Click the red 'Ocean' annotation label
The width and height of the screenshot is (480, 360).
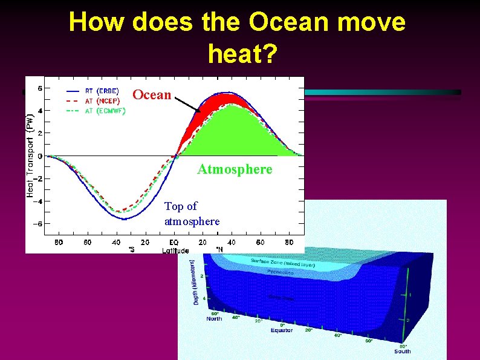click(152, 95)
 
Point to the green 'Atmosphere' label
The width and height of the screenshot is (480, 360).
click(235, 170)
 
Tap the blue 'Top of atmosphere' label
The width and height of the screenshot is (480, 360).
click(192, 214)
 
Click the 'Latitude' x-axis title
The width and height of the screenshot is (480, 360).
click(175, 250)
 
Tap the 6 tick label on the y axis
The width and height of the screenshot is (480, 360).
click(41, 88)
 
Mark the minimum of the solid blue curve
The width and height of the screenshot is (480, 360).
click(123, 219)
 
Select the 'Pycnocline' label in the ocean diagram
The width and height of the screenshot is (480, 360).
click(281, 272)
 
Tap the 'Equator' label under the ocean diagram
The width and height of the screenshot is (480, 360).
click(281, 330)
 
